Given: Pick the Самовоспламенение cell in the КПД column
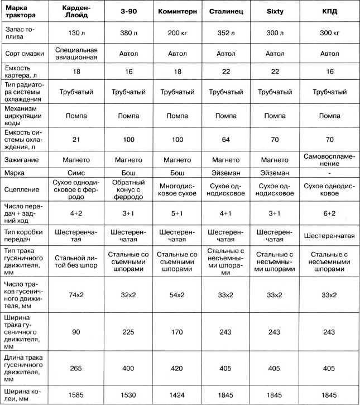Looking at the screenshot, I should pos(330,159).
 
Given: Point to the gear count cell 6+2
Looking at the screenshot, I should pos(330,213).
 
